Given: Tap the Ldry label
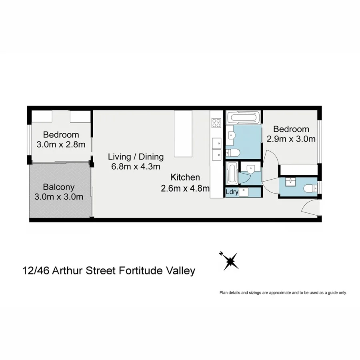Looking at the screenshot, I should [x=232, y=192].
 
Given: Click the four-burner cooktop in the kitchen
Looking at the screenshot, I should [x=216, y=122].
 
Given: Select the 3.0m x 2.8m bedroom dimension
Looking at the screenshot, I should [x=61, y=144].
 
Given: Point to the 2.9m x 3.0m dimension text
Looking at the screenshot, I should [x=291, y=139].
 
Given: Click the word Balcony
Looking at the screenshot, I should [x=59, y=187].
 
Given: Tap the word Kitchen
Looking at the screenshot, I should [x=185, y=177].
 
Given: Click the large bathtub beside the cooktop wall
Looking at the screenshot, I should [x=243, y=118].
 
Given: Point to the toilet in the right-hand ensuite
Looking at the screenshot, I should [x=309, y=188].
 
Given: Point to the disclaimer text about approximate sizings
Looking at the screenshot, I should [x=283, y=293].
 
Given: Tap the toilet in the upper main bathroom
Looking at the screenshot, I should [x=233, y=152].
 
